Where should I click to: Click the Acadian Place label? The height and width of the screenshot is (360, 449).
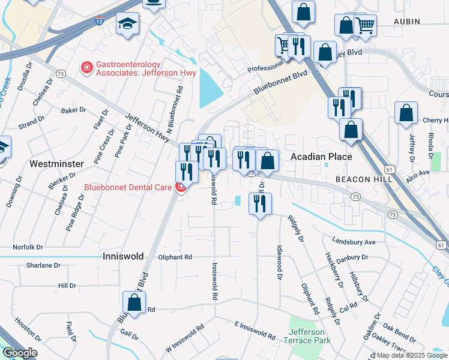point(321,157)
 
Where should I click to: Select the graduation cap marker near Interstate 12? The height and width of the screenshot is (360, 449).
point(127,24)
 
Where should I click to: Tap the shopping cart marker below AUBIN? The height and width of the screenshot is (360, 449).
point(364,25)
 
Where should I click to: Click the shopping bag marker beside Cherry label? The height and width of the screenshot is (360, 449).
point(406,113)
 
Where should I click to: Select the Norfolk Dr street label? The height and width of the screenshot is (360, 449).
point(28,247)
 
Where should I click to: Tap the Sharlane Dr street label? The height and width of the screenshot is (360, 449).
point(43,265)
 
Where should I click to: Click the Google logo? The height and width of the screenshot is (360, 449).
point(20,353)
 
